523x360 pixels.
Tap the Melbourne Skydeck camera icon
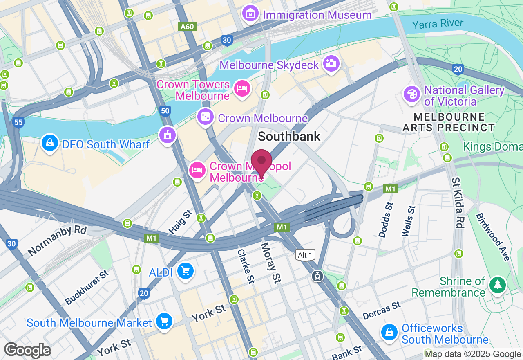pos(331,63)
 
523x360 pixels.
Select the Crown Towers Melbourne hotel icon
pos(242,88)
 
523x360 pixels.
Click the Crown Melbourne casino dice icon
pos(205,117)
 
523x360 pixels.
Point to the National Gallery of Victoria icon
pos(412,94)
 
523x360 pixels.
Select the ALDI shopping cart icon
pos(185,271)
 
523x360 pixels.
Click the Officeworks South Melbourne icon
pos(389,332)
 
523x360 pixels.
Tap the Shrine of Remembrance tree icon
pos(497,285)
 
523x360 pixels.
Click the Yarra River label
pos(438,24)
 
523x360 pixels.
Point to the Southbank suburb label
pos(289,136)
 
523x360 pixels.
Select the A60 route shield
pos(188,27)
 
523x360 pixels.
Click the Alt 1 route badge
pos(305,255)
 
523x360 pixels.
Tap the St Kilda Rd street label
pos(458,202)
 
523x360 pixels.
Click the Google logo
pos(27,351)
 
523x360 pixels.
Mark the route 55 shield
pos(18,123)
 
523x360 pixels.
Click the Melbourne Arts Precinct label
pos(449,122)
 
